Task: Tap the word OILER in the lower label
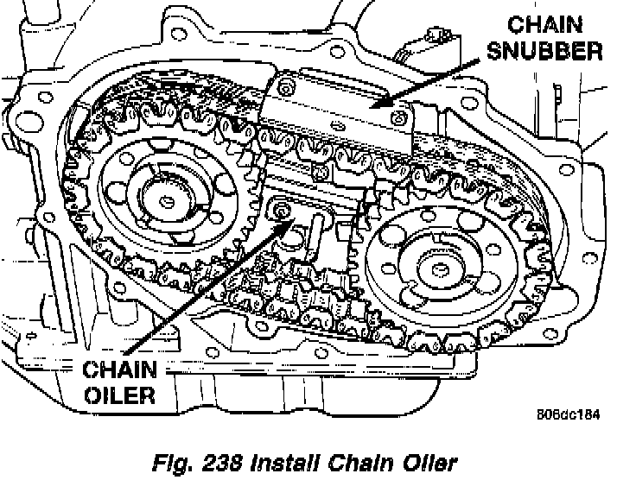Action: click(x=119, y=396)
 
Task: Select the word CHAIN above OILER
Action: click(x=119, y=371)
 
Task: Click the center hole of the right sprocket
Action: click(x=436, y=270)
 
